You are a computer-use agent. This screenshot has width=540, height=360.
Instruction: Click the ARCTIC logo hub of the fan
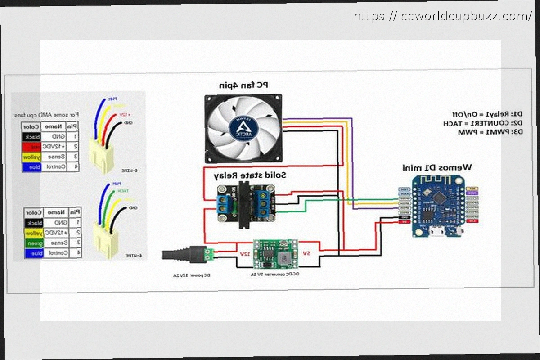click(x=243, y=127)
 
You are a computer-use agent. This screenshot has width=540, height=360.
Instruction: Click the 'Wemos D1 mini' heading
click(x=437, y=167)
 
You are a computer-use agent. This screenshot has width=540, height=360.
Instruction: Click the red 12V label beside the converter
click(x=243, y=254)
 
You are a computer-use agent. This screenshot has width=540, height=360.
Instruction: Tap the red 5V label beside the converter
click(x=306, y=253)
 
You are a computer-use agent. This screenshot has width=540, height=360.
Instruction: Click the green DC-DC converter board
click(x=273, y=253)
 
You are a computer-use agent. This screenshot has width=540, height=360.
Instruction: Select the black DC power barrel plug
click(x=182, y=255)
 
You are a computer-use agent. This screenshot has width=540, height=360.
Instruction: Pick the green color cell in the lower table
click(x=34, y=243)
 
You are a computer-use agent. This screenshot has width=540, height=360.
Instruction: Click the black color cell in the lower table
click(x=34, y=223)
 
